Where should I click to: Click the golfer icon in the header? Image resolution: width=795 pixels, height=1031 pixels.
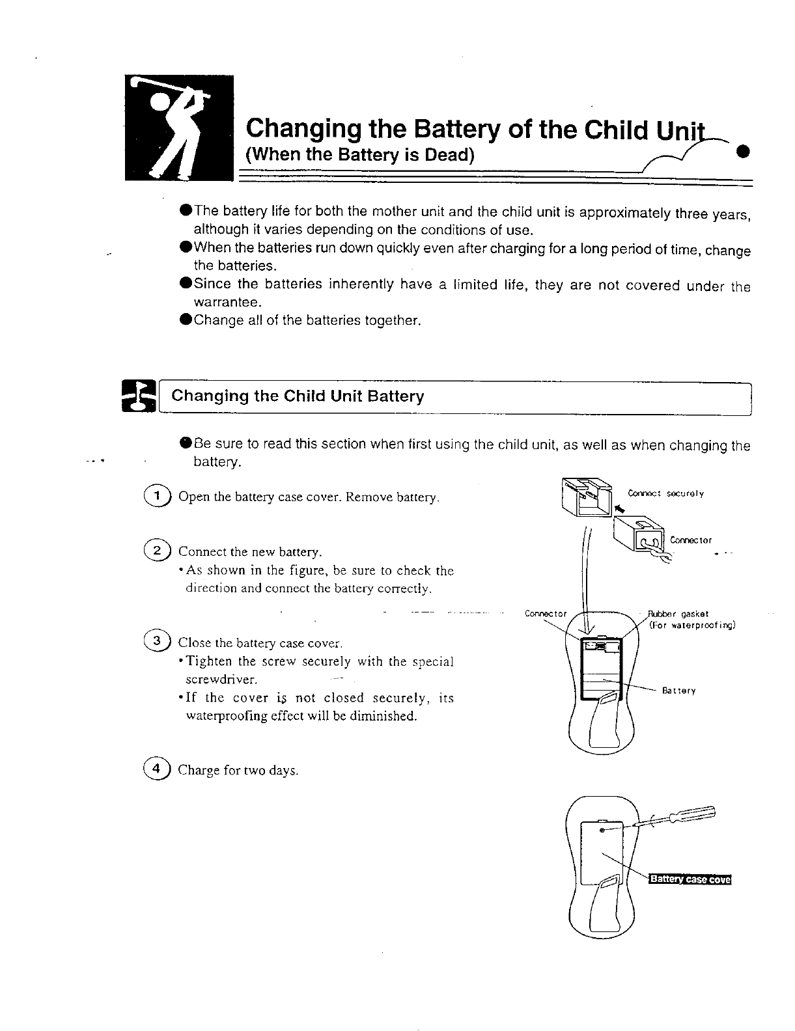[x=179, y=128]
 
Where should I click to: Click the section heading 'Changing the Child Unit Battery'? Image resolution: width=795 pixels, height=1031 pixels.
[x=297, y=396]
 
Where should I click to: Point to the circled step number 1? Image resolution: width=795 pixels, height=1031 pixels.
[x=157, y=496]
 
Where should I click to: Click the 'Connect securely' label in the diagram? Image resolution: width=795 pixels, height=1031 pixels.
[x=665, y=493]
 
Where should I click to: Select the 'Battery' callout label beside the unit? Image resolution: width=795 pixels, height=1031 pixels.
[x=679, y=691]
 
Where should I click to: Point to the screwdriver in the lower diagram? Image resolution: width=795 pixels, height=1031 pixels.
[x=677, y=816]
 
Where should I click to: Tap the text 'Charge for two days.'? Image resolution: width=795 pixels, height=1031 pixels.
[x=238, y=771]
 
